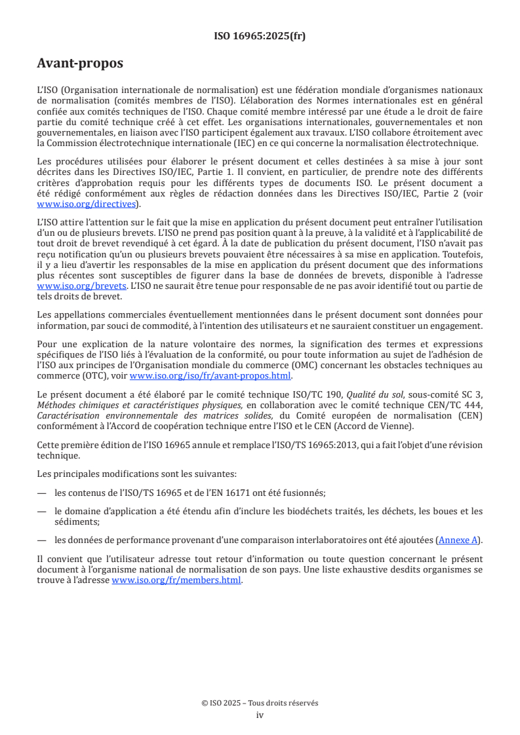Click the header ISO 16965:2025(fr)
pyautogui.click(x=260, y=37)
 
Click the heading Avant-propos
pyautogui.click(x=80, y=64)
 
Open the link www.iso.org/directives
pyautogui.click(x=88, y=204)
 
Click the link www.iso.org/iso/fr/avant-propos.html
pyautogui.click(x=210, y=375)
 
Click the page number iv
pyautogui.click(x=260, y=715)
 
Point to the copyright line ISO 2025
pyautogui.click(x=260, y=703)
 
